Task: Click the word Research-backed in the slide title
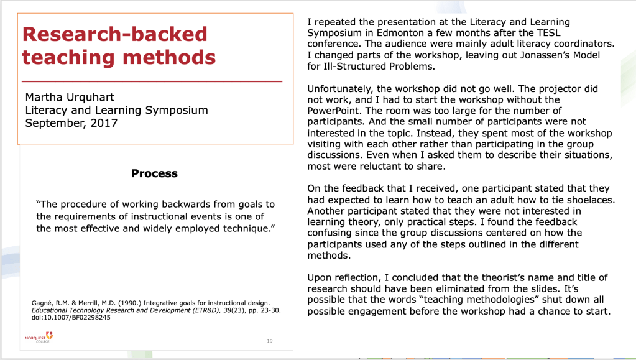(114, 34)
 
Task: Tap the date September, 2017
(71, 122)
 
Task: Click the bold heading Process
(154, 173)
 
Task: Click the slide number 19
(269, 341)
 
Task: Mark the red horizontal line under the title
(152, 81)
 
